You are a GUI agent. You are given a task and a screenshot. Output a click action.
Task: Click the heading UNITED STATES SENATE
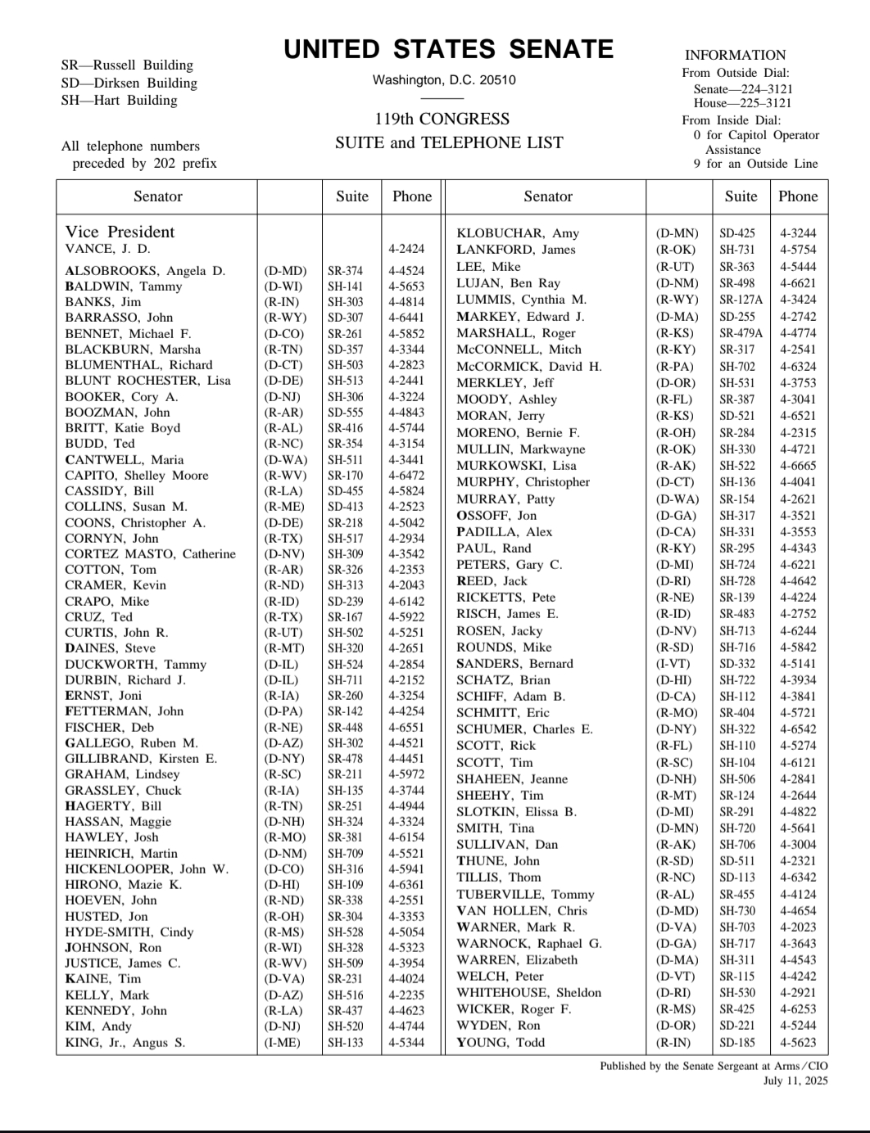point(448,50)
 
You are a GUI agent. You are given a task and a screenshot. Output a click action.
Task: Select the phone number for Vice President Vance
point(406,249)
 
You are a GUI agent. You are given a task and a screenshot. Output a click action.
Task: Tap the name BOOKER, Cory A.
point(121,397)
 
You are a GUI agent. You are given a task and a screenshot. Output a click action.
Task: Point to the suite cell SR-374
point(345,271)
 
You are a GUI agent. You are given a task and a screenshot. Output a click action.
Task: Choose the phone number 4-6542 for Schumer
point(797,729)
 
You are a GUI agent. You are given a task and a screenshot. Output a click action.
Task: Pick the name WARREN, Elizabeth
point(516,960)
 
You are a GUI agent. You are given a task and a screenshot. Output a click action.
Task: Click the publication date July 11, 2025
point(795,1081)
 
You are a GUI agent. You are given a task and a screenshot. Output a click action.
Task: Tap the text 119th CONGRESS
point(442,119)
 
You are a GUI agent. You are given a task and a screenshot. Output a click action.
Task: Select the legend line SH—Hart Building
point(119,101)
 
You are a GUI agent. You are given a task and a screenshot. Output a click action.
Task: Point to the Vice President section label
point(120,232)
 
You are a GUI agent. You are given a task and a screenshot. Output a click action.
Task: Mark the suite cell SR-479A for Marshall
point(741,333)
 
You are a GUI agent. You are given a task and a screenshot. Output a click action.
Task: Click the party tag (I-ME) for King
point(282,1043)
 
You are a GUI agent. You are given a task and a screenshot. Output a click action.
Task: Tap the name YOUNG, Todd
point(501,1043)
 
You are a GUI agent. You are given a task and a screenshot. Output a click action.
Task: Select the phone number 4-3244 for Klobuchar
point(797,233)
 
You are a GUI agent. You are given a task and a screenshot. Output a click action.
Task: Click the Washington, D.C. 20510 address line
point(443,80)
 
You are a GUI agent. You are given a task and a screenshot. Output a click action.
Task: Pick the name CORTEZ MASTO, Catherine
point(150,554)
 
